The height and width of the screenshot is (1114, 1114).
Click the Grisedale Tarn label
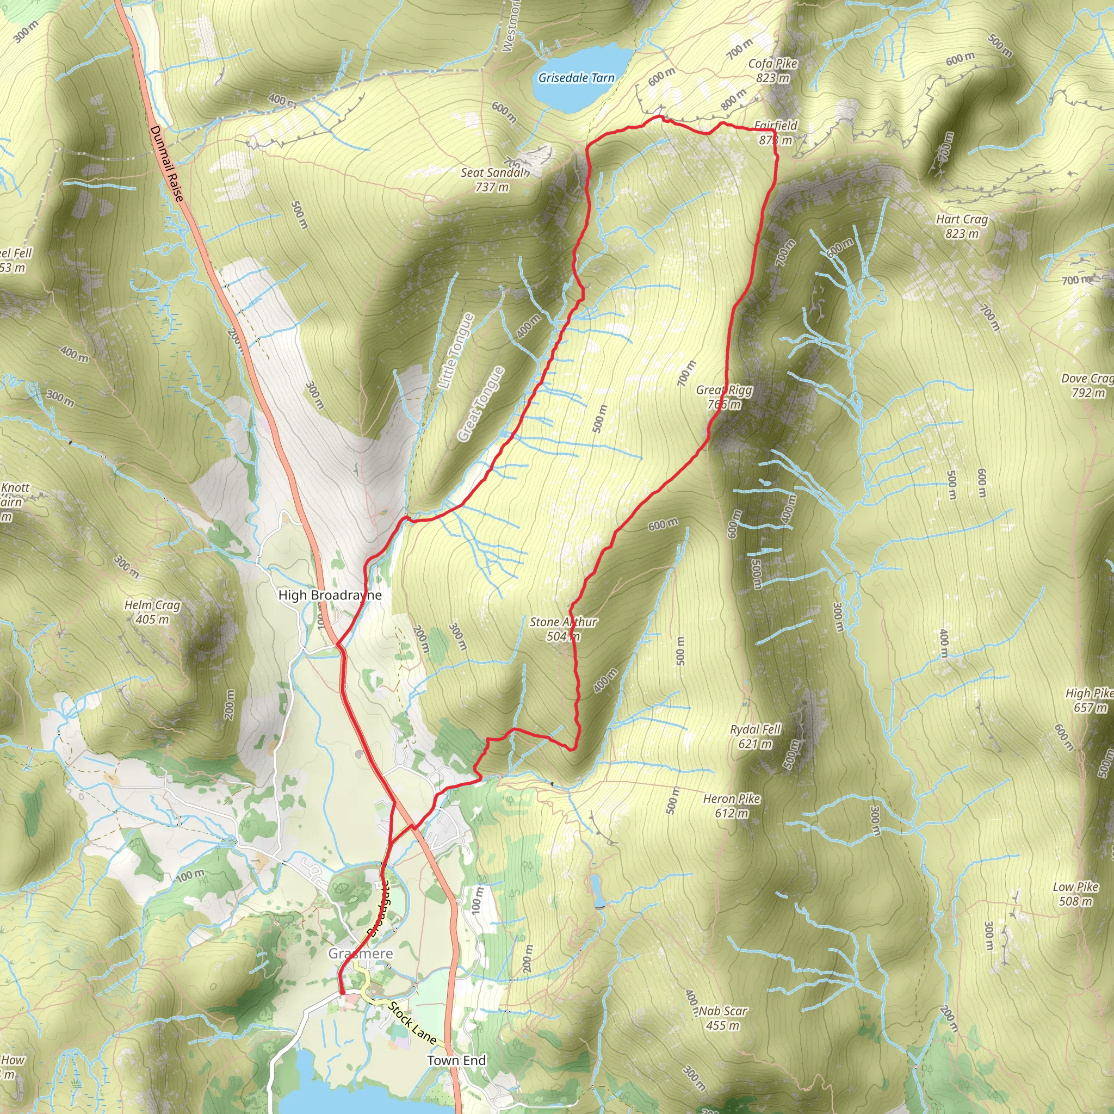[x=576, y=78]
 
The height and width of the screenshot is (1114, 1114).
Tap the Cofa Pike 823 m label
[x=772, y=70]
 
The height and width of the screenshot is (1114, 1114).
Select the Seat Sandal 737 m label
[x=493, y=180]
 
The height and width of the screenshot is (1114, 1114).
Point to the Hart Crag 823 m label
[x=962, y=226]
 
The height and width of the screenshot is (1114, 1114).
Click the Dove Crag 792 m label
[x=1087, y=385]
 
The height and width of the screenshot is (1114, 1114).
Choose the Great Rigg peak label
[x=724, y=397]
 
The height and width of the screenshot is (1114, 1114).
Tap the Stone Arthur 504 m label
[x=564, y=628]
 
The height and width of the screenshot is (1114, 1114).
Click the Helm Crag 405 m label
[x=152, y=612]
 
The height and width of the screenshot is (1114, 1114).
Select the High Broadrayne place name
[x=330, y=595]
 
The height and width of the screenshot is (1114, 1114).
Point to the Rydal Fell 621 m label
[x=755, y=737]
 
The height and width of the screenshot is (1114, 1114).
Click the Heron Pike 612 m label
[x=732, y=806]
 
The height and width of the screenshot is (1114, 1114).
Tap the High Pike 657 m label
[x=1089, y=700]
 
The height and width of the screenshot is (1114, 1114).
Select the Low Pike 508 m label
[x=1075, y=894]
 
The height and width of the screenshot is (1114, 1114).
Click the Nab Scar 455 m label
[x=723, y=1018]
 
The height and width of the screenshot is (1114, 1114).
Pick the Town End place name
[x=457, y=1060]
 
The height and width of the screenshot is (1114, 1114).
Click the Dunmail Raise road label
[x=166, y=164]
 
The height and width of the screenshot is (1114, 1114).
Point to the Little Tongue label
[x=456, y=351]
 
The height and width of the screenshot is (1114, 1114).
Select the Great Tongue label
[x=481, y=404]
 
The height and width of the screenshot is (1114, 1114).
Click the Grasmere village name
[x=361, y=954]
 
